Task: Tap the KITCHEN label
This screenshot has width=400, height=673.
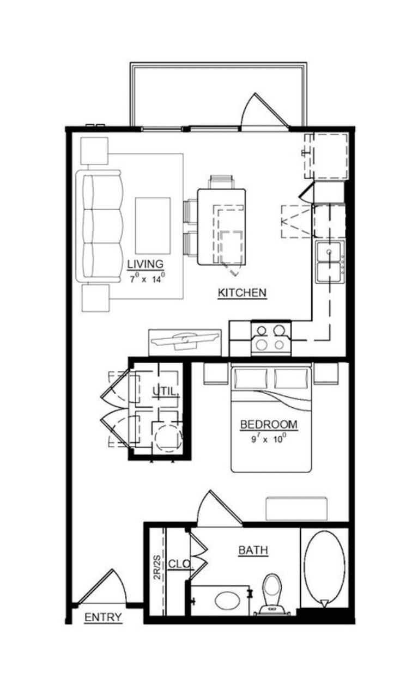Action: tap(242, 292)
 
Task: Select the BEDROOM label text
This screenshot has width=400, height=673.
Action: tap(269, 425)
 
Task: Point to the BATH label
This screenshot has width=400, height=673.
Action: tap(253, 550)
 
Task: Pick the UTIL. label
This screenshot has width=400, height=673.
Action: tap(165, 392)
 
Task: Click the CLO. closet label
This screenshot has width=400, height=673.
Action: tap(180, 564)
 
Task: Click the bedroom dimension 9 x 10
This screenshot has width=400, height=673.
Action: tap(268, 439)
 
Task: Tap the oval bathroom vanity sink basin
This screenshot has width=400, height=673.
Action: tap(228, 599)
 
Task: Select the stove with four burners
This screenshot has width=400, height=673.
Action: tap(271, 338)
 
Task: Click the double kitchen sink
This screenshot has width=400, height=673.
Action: tap(330, 262)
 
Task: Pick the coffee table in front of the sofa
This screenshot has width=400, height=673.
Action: tap(153, 225)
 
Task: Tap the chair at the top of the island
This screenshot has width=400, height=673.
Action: tap(222, 182)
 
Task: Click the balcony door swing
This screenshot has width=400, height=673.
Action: tap(265, 110)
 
